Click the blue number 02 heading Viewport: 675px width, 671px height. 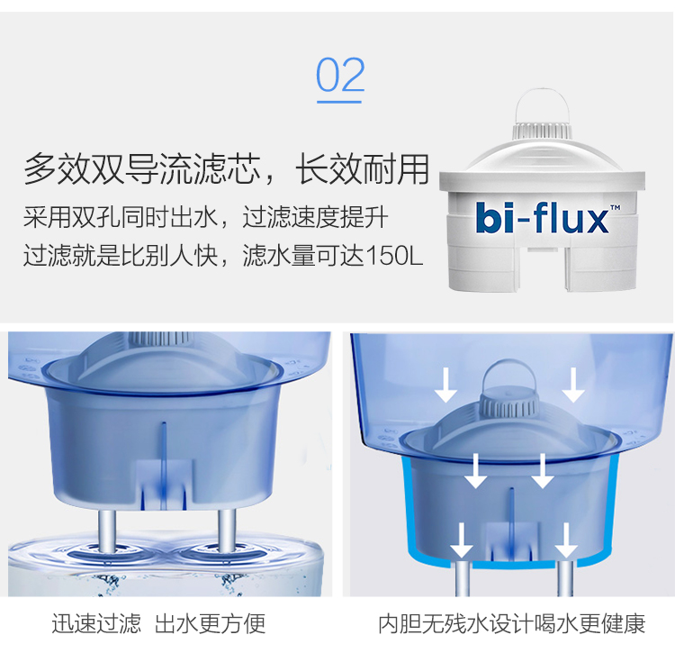tap(340, 75)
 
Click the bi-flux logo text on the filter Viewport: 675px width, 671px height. tap(543, 217)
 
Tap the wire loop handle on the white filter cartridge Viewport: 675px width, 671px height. tap(542, 105)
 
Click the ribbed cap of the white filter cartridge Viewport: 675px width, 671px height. tap(542, 131)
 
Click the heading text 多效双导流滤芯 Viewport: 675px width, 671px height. tap(142, 168)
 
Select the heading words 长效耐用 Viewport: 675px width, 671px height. tap(363, 168)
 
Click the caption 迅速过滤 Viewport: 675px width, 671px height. tap(96, 623)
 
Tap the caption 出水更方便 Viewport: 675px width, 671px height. tap(210, 623)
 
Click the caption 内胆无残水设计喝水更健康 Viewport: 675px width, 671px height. tap(512, 623)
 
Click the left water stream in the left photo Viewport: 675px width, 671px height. tap(107, 530)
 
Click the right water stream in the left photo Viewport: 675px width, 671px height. tap(227, 530)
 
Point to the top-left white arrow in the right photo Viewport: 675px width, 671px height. tap(445, 385)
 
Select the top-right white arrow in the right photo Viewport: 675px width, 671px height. tap(573, 385)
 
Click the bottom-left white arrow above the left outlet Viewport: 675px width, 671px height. tap(462, 540)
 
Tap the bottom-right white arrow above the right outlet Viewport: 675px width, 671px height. tap(566, 540)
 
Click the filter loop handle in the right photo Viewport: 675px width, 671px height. tap(509, 370)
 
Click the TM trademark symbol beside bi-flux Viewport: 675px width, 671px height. tap(616, 208)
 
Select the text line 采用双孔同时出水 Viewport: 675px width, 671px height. tap(121, 217)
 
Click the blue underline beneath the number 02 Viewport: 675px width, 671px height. tap(339, 102)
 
